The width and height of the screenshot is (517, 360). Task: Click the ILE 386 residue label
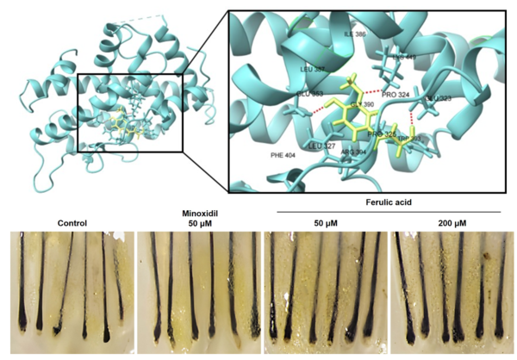coord(355,34)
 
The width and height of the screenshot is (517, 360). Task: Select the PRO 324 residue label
coord(397,93)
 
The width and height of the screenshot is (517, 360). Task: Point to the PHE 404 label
coord(283,155)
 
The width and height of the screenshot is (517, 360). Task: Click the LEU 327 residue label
coord(321,146)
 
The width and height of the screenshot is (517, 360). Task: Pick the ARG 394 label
coord(353,152)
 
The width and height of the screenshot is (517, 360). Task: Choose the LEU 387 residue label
coord(312,69)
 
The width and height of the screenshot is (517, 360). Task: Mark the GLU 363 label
coord(310,93)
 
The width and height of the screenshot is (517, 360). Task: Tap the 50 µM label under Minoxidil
coord(197,222)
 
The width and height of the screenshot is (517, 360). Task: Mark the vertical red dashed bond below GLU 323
coord(413,117)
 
